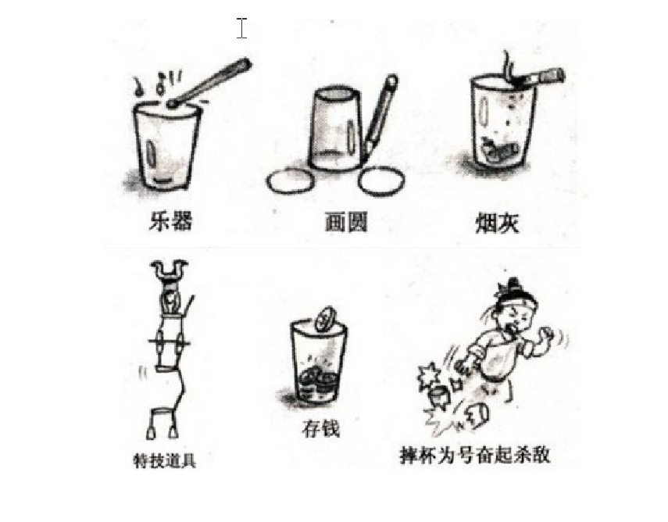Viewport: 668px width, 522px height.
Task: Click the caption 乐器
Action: (x=171, y=220)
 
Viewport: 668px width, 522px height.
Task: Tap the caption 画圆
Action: (x=346, y=222)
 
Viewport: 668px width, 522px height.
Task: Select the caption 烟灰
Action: (x=497, y=223)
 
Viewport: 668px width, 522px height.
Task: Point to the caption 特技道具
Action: (x=165, y=460)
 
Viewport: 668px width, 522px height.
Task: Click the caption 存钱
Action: (x=320, y=427)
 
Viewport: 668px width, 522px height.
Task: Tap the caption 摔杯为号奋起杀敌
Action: (x=474, y=454)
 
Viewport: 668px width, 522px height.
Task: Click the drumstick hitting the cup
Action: (x=209, y=83)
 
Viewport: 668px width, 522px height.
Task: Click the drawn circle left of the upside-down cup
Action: (x=291, y=181)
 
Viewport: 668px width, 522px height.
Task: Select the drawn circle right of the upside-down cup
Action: (x=381, y=181)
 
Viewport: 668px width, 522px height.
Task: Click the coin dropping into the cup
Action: (x=326, y=318)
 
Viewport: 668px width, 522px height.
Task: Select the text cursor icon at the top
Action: (x=241, y=28)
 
